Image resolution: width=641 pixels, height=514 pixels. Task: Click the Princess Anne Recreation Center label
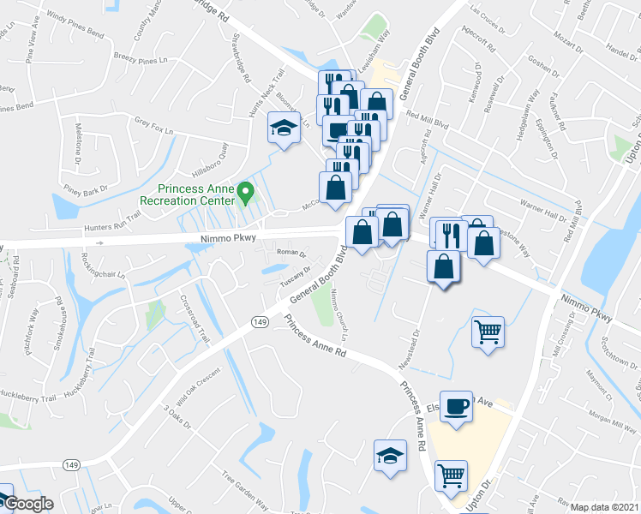click(195, 194)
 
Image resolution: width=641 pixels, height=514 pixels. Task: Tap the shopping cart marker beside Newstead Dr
click(488, 331)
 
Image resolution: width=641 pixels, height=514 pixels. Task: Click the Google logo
click(27, 504)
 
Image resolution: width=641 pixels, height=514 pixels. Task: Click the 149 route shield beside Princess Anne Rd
click(258, 320)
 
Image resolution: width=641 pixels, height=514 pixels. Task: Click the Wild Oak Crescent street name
click(199, 385)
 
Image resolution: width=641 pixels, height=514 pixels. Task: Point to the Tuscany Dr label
click(293, 268)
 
